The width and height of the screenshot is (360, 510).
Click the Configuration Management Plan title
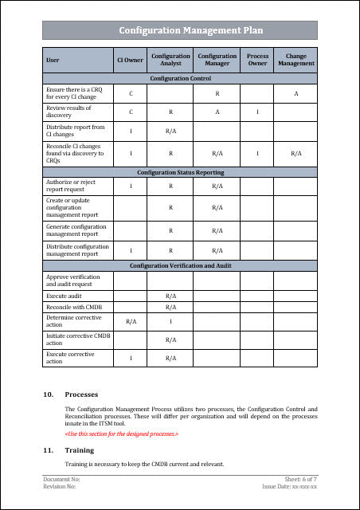pyautogui.click(x=179, y=30)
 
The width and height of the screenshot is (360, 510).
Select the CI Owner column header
pyautogui.click(x=131, y=60)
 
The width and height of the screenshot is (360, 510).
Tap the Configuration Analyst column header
pyautogui.click(x=170, y=60)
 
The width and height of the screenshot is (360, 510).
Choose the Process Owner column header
pyautogui.click(x=257, y=60)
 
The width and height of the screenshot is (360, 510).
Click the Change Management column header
pyautogui.click(x=295, y=60)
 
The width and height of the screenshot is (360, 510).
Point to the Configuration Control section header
pyautogui.click(x=179, y=79)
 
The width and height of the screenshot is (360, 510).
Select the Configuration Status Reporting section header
pyautogui.click(x=179, y=172)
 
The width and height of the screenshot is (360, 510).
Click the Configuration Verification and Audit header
pyautogui.click(x=179, y=265)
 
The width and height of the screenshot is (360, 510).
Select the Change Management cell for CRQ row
pyautogui.click(x=295, y=94)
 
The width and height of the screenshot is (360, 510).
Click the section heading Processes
pyautogui.click(x=82, y=394)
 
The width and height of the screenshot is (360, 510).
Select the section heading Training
pyautogui.click(x=80, y=450)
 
